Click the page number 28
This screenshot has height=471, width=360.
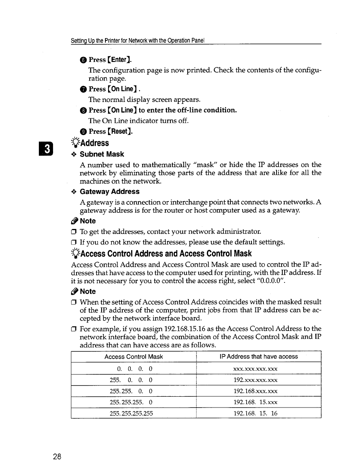pos(57,457)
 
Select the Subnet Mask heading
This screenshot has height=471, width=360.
pos(102,154)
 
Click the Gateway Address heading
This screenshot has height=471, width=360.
pos(110,192)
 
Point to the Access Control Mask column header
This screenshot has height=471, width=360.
pos(133,357)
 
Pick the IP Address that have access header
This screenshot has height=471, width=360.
pos(258,357)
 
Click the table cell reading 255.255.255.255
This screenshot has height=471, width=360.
pos(133,414)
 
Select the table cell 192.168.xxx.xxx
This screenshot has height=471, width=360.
pos(255,391)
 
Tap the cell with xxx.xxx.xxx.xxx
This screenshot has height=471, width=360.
pos(255,369)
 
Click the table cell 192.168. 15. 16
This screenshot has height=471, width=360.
pos(255,414)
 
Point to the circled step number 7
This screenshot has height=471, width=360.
pos(83,89)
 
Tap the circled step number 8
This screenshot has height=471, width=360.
pos(83,110)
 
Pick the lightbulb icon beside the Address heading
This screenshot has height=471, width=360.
pos(75,143)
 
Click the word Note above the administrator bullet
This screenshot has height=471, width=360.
pos(88,221)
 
